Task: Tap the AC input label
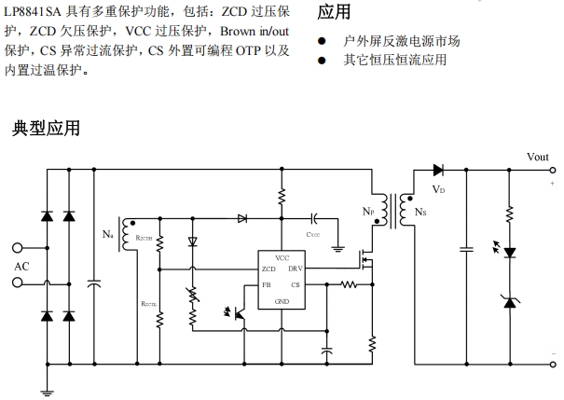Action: click(x=22, y=267)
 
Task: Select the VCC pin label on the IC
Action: click(x=282, y=255)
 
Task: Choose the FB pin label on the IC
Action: click(x=267, y=284)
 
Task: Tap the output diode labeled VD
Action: click(x=438, y=171)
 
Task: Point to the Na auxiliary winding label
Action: click(x=108, y=233)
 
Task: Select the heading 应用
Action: click(x=334, y=12)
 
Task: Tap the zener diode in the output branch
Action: click(x=509, y=300)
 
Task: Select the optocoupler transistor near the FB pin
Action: click(x=239, y=314)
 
